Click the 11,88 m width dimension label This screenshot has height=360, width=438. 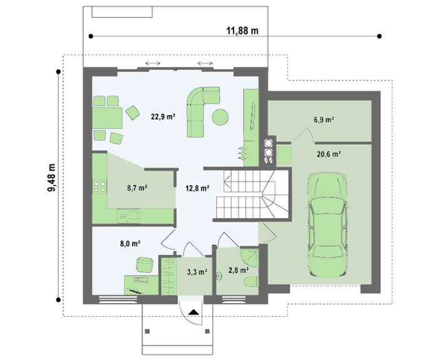tap(242, 31)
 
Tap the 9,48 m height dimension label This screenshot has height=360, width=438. tap(51, 177)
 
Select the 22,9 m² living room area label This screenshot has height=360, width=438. tap(163, 116)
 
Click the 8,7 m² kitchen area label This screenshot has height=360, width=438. tap(137, 188)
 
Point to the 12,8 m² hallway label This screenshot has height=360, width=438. tap(198, 188)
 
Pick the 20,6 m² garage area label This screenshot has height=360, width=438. tap(328, 154)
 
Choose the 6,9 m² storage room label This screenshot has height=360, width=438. tap(324, 120)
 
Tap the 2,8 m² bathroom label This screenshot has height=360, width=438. tap(238, 270)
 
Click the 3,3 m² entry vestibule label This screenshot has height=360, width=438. tap(197, 271)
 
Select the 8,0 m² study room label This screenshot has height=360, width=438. tap(130, 243)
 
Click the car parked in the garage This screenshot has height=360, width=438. tap(327, 224)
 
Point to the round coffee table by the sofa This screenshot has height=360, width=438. tap(220, 117)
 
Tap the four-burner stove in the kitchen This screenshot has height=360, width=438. tap(99, 187)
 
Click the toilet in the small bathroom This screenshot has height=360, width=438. tap(251, 282)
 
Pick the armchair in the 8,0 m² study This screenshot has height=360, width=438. tap(145, 265)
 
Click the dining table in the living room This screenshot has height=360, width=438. tap(108, 117)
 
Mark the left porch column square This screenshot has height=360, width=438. tap(147, 331)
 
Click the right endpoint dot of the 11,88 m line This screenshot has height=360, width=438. tap(379, 36)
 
